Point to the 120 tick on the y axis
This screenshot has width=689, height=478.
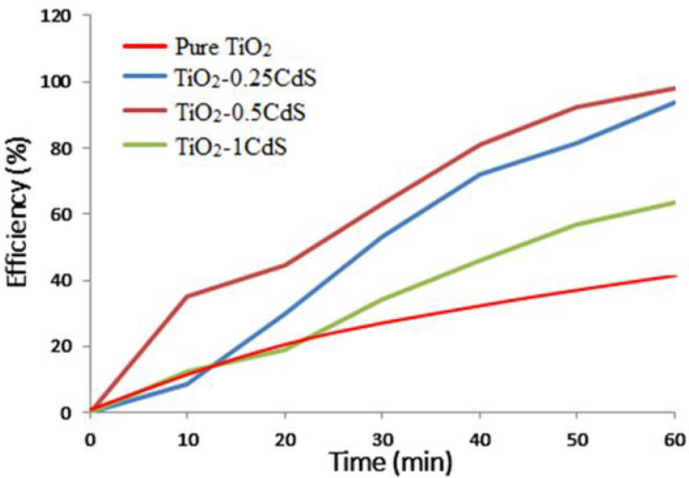click(x=65, y=16)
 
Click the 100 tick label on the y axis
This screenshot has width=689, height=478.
click(x=65, y=82)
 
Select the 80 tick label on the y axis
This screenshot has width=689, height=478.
click(x=69, y=148)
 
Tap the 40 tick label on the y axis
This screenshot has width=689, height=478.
click(x=69, y=281)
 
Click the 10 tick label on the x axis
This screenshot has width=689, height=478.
click(x=187, y=438)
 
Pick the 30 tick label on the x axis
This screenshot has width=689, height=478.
click(x=382, y=438)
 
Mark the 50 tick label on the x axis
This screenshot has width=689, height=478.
click(x=577, y=438)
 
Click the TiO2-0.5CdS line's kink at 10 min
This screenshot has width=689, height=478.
click(x=187, y=296)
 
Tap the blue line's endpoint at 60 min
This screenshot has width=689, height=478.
click(x=675, y=102)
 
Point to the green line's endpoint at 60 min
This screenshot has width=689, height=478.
click(x=675, y=202)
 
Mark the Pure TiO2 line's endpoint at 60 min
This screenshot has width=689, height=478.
click(x=675, y=276)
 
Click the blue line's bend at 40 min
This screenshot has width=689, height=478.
click(x=480, y=174)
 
